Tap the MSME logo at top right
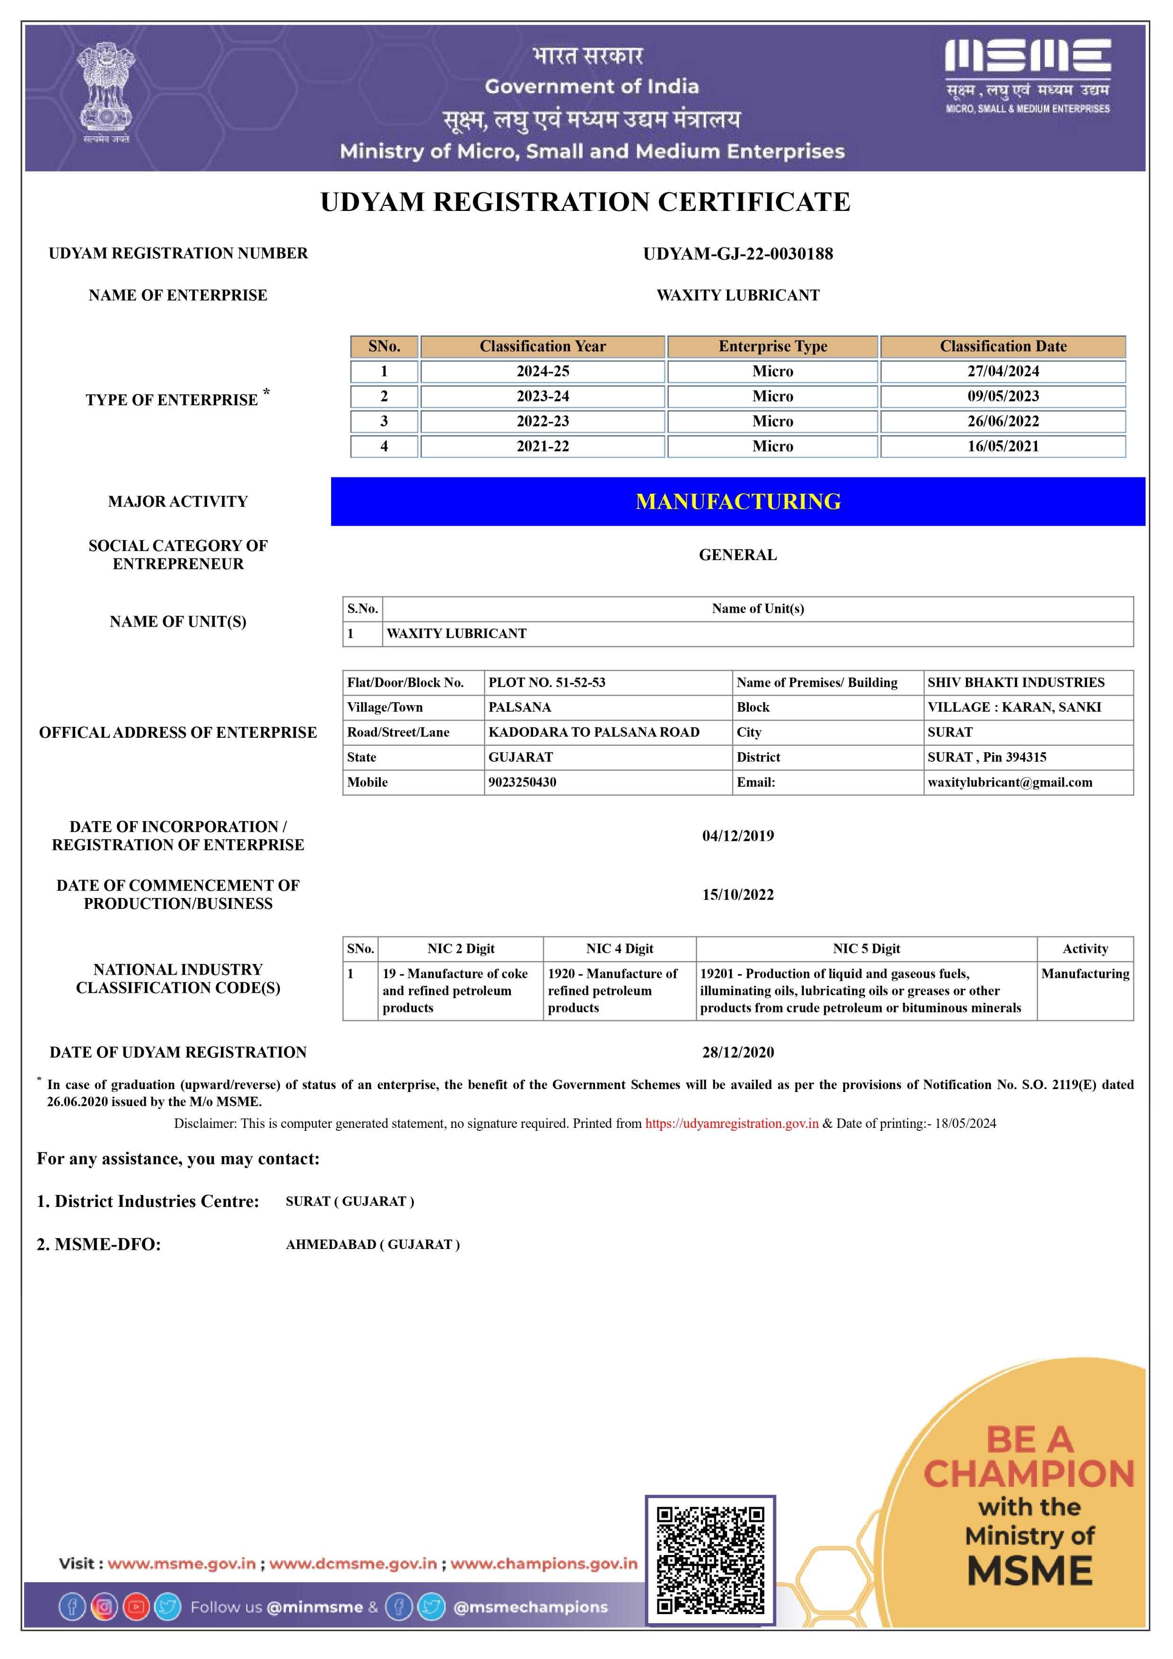point(1027,76)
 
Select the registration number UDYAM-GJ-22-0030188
point(738,253)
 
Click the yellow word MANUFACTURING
point(738,501)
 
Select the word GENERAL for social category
point(738,555)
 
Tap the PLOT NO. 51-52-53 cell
point(547,682)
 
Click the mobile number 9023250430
point(523,782)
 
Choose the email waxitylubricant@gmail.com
point(1010,782)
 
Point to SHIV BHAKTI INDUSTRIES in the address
point(1015,682)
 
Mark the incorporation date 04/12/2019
point(738,836)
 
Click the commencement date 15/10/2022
point(738,895)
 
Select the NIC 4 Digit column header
point(620,949)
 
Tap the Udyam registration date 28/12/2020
point(738,1052)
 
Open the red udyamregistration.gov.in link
point(731,1124)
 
